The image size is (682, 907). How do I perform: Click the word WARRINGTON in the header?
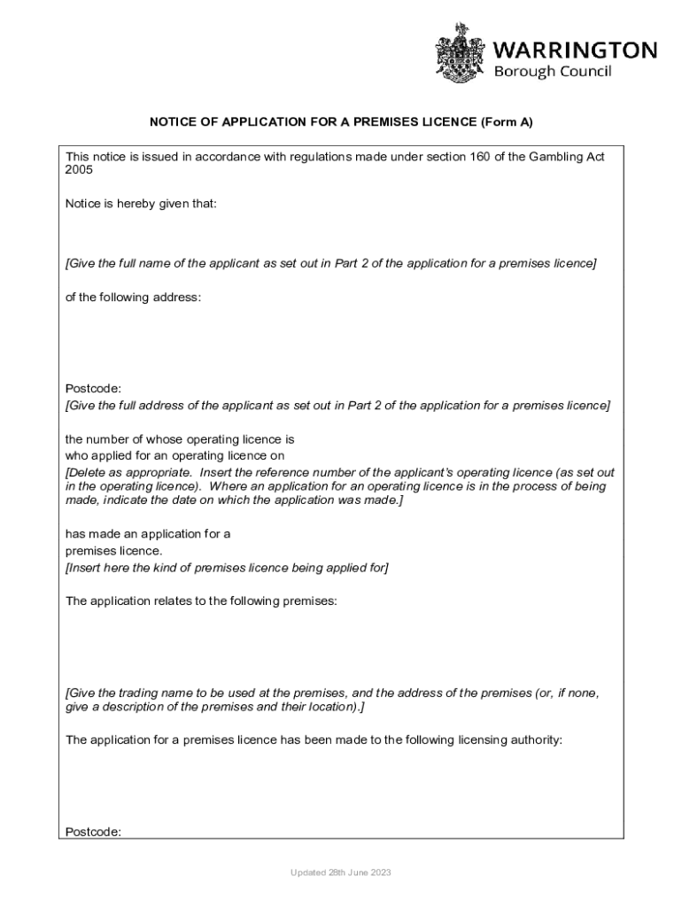click(x=574, y=49)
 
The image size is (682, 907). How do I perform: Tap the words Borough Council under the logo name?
click(x=552, y=72)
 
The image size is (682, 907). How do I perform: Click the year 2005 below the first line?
click(x=79, y=170)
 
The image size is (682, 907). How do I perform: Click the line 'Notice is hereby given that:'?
click(x=141, y=204)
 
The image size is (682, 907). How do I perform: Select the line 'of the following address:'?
click(x=134, y=298)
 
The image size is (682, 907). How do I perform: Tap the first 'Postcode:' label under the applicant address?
click(x=93, y=389)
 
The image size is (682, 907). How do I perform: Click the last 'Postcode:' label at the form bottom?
click(x=93, y=832)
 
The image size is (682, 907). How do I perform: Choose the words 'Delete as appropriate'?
click(x=123, y=473)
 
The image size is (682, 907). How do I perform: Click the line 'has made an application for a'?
click(x=148, y=533)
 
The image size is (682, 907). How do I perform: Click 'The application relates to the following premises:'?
click(x=201, y=601)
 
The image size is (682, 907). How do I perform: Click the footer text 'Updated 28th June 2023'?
click(x=341, y=873)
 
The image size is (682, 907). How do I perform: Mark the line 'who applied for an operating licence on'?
click(x=175, y=456)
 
